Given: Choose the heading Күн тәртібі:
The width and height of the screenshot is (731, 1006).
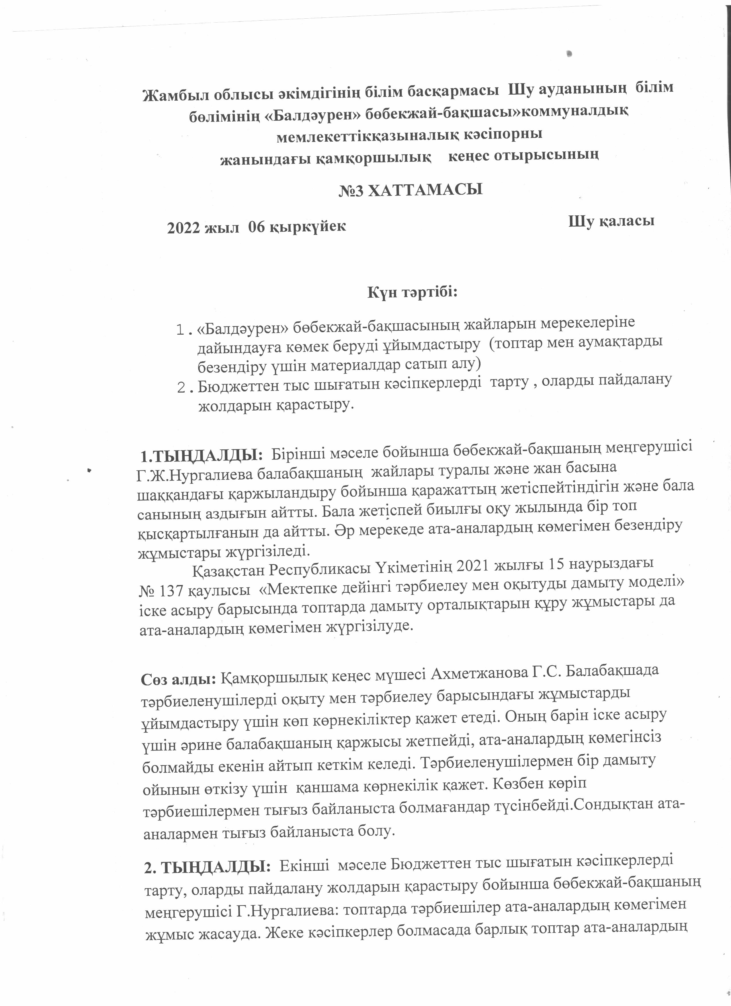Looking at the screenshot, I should (412, 293).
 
